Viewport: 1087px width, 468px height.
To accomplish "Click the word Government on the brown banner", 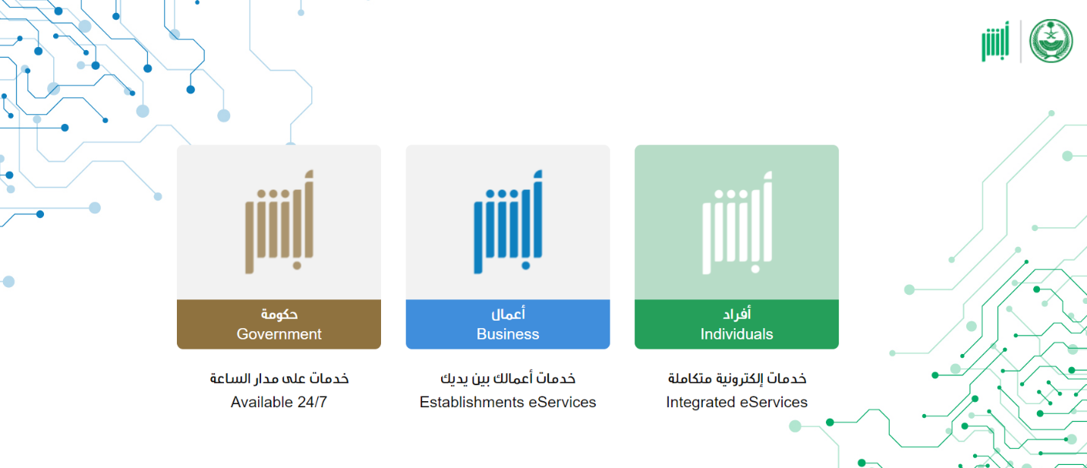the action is tap(279, 334).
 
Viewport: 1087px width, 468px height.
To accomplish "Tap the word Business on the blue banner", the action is tap(508, 334).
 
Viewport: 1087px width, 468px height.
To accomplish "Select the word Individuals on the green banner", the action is tap(736, 334).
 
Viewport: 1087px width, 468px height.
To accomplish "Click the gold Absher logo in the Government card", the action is tap(279, 222).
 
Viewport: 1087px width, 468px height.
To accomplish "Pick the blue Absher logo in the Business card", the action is tap(508, 222).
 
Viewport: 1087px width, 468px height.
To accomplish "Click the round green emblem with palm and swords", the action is tap(1051, 41).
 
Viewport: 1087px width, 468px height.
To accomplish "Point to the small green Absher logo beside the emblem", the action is tap(995, 42).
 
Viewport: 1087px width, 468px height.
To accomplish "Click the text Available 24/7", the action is tap(279, 402).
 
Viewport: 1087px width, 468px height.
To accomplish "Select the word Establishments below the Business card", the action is tap(471, 402).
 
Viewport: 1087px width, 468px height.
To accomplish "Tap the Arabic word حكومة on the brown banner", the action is tap(279, 314).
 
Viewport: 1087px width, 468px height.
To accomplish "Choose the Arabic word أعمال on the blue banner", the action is tap(508, 314).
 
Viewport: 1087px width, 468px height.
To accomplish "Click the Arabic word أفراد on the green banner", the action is tap(737, 314).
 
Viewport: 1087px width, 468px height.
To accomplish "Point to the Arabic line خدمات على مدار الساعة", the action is tap(279, 378).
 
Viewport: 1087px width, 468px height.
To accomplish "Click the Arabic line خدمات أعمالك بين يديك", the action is tap(508, 378).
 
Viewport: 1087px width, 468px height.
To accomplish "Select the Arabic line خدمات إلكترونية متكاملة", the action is tap(737, 378).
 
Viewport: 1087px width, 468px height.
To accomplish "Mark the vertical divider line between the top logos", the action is tap(1020, 41).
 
